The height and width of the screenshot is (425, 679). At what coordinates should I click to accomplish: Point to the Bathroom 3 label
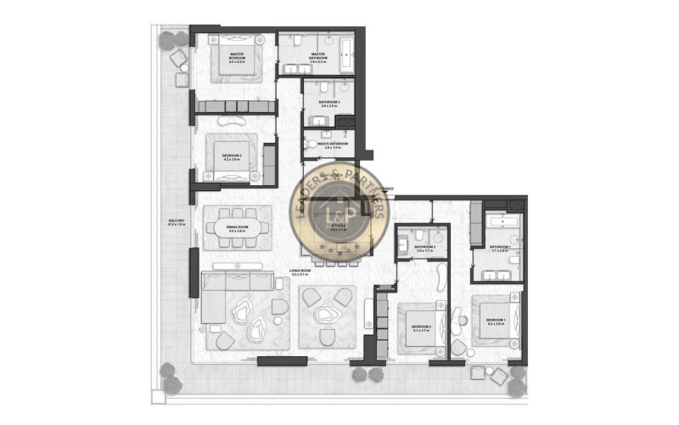[x=329, y=104]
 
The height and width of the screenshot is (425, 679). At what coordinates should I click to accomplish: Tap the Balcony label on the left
[x=177, y=223]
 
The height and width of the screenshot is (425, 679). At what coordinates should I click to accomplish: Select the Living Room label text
[x=300, y=274]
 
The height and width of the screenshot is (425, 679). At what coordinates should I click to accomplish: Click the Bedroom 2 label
[x=422, y=327]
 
